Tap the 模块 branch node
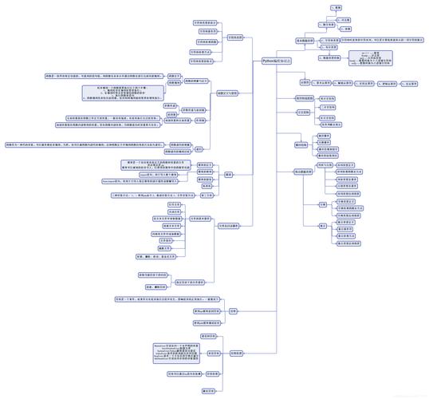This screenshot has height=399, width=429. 228,174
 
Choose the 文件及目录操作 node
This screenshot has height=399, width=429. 229,226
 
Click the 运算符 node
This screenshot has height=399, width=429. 305,82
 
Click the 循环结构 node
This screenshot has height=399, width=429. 301,145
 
